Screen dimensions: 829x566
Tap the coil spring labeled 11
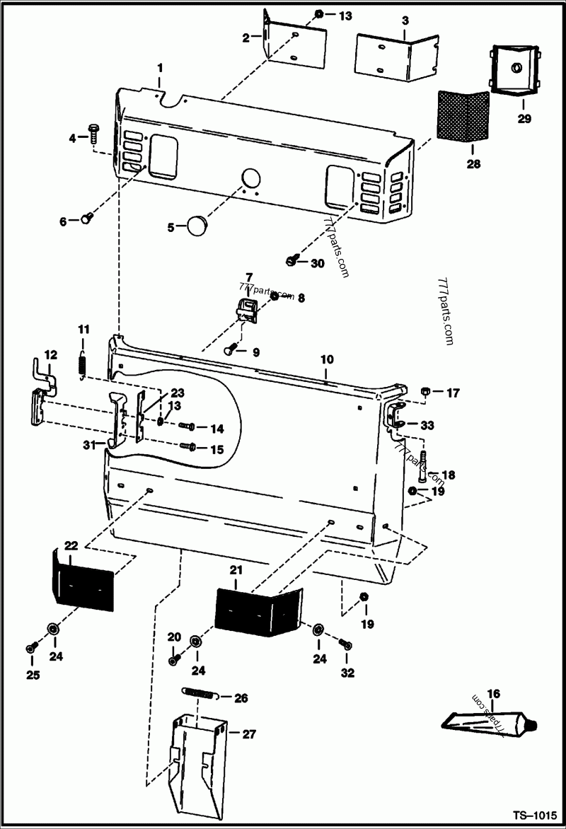(82, 363)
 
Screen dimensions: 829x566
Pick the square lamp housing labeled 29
(512, 71)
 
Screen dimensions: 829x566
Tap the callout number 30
(318, 263)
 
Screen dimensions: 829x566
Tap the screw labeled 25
(30, 648)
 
